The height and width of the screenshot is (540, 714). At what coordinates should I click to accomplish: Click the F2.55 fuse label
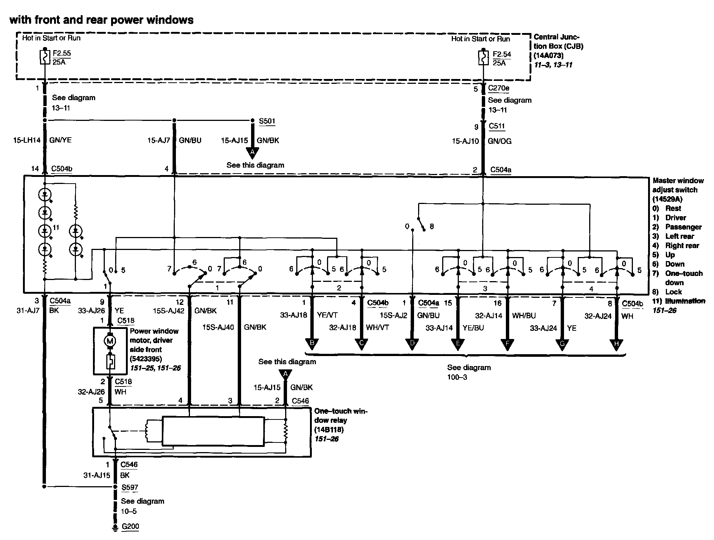coord(61,53)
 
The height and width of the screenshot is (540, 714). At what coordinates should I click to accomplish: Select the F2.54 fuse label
coord(502,54)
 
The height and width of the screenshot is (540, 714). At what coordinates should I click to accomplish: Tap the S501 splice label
coord(267,121)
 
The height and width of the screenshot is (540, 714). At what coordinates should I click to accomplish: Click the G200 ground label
coord(131,526)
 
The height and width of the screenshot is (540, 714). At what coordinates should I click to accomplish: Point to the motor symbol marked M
coord(110,340)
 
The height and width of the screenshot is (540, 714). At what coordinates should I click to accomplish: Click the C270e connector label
coord(498,88)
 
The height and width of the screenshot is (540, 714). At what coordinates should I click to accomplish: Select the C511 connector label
coord(497,126)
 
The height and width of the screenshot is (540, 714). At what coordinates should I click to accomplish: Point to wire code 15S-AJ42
coord(169,311)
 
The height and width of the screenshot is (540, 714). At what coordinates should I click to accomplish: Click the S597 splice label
coord(130,487)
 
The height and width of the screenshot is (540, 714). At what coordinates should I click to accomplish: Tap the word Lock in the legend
coord(673,292)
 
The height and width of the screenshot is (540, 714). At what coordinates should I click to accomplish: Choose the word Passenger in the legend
coord(683,227)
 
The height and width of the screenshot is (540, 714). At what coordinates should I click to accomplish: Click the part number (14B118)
coord(329,430)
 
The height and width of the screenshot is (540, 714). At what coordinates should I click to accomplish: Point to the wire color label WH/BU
coord(524,315)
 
